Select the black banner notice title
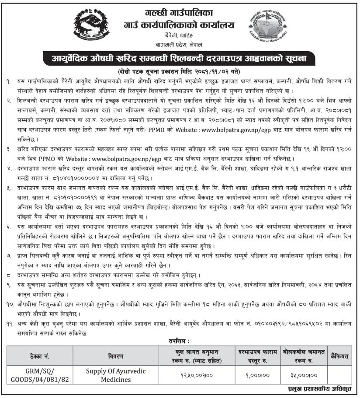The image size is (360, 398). (180, 58)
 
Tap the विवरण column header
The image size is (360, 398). (113, 356)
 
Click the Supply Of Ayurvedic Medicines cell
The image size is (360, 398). (113, 375)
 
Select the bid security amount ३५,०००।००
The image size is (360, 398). (301, 375)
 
